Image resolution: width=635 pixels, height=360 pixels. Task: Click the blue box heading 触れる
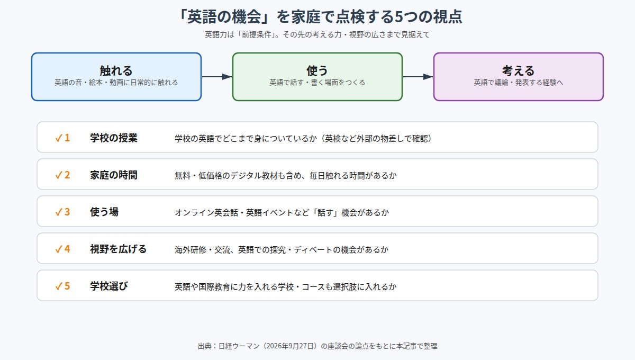[x=116, y=70]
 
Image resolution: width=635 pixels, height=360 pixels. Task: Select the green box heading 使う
[x=317, y=70]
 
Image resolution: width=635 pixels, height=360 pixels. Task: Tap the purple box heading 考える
[x=518, y=70]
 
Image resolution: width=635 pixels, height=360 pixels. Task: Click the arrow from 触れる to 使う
[x=217, y=77]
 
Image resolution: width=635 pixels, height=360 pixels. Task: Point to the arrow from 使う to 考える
[x=418, y=77]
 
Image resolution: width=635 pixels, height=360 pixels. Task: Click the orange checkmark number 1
[x=62, y=138]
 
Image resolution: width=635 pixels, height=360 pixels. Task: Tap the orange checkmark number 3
[x=62, y=212]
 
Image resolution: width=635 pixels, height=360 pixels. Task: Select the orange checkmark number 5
[x=62, y=286]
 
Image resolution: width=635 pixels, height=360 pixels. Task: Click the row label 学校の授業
[x=114, y=138]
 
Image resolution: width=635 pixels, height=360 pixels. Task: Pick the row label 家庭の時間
[x=114, y=175]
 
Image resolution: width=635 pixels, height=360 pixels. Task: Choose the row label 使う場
[x=104, y=212]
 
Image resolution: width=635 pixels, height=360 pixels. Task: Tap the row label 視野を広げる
[x=118, y=249]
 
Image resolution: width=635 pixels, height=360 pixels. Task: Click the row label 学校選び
[x=109, y=286]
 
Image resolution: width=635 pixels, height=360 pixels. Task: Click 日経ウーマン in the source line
[x=239, y=346]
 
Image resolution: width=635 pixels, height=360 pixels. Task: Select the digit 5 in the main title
[x=398, y=16]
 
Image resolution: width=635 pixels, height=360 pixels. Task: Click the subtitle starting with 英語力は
[x=317, y=34]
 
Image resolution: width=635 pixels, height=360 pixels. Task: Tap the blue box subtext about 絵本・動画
[x=116, y=83]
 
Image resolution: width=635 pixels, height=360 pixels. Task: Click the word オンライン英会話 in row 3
[x=206, y=212]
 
